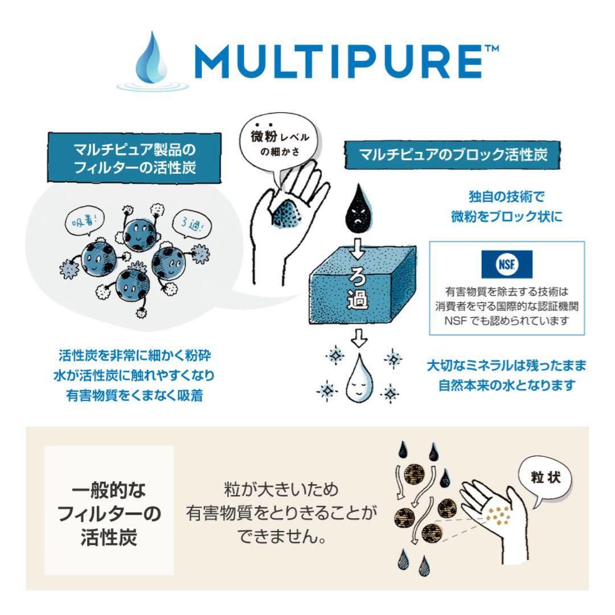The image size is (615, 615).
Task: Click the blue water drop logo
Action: (152, 60)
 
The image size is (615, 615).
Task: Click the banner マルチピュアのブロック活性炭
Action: (453, 154)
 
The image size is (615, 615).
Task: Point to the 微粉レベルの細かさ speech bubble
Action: (272, 145)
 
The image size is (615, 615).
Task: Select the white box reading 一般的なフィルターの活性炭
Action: (109, 510)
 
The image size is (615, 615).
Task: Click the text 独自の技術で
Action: (506, 197)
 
